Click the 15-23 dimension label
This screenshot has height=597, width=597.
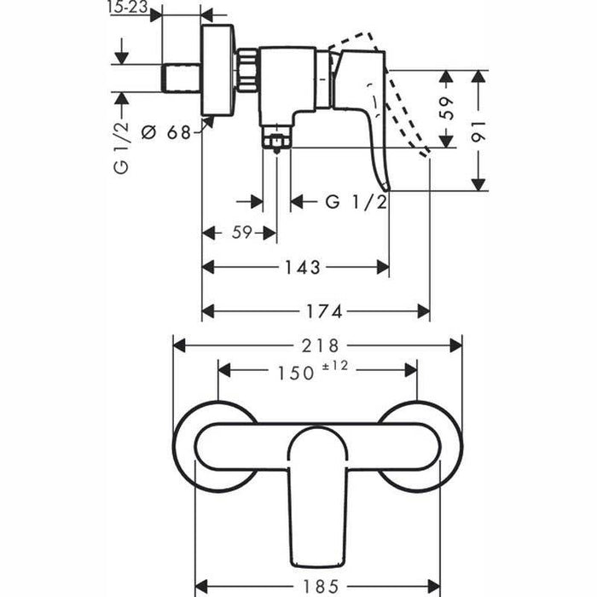[128, 8]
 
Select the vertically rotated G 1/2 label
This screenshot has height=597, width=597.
[121, 146]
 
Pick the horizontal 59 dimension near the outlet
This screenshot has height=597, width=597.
[240, 233]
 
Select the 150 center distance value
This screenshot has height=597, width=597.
[297, 373]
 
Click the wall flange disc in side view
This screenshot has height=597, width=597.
[218, 70]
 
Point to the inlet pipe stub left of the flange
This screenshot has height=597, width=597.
[181, 78]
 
